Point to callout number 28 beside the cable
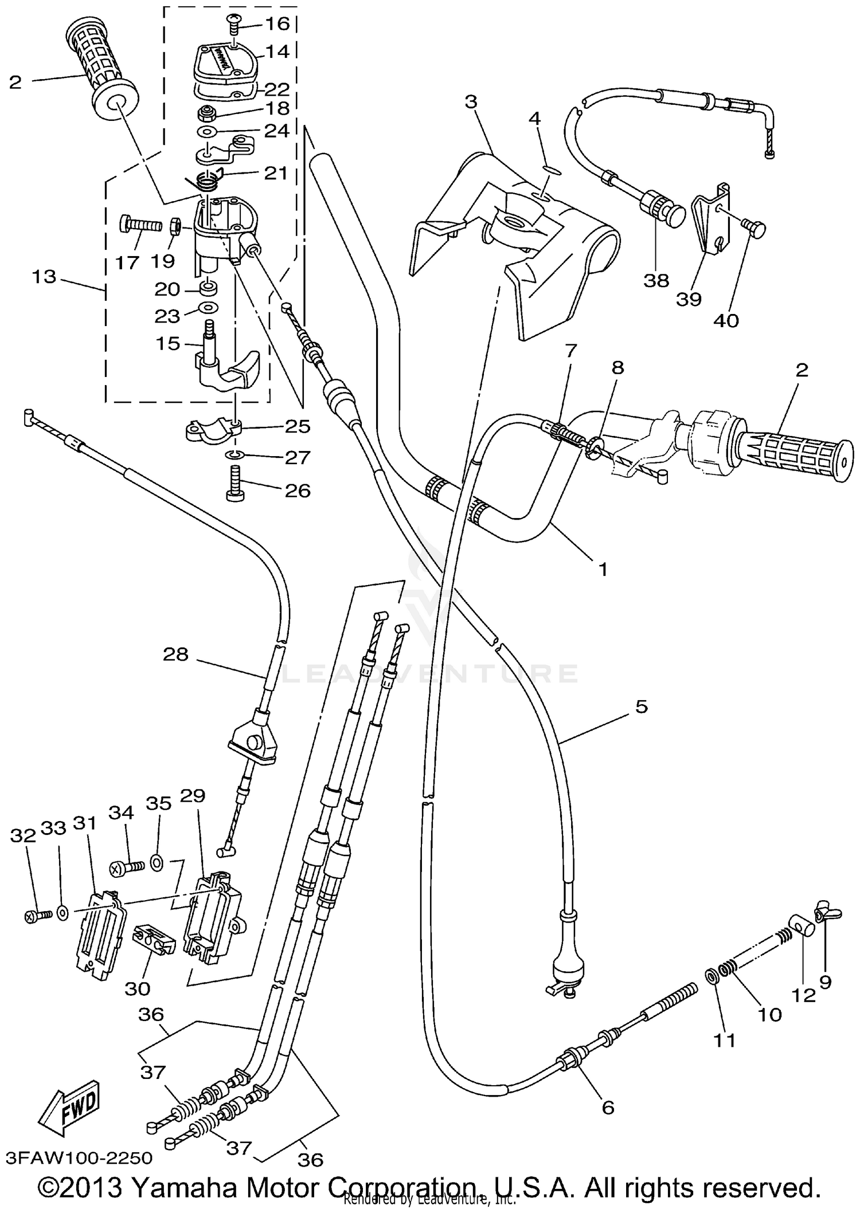tap(175, 654)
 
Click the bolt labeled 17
tap(140, 225)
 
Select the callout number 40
tap(726, 321)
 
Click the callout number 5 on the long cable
tap(642, 706)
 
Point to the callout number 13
tap(44, 277)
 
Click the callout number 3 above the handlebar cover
tap(471, 102)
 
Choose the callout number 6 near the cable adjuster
tap(608, 1108)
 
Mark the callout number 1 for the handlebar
tap(602, 569)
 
